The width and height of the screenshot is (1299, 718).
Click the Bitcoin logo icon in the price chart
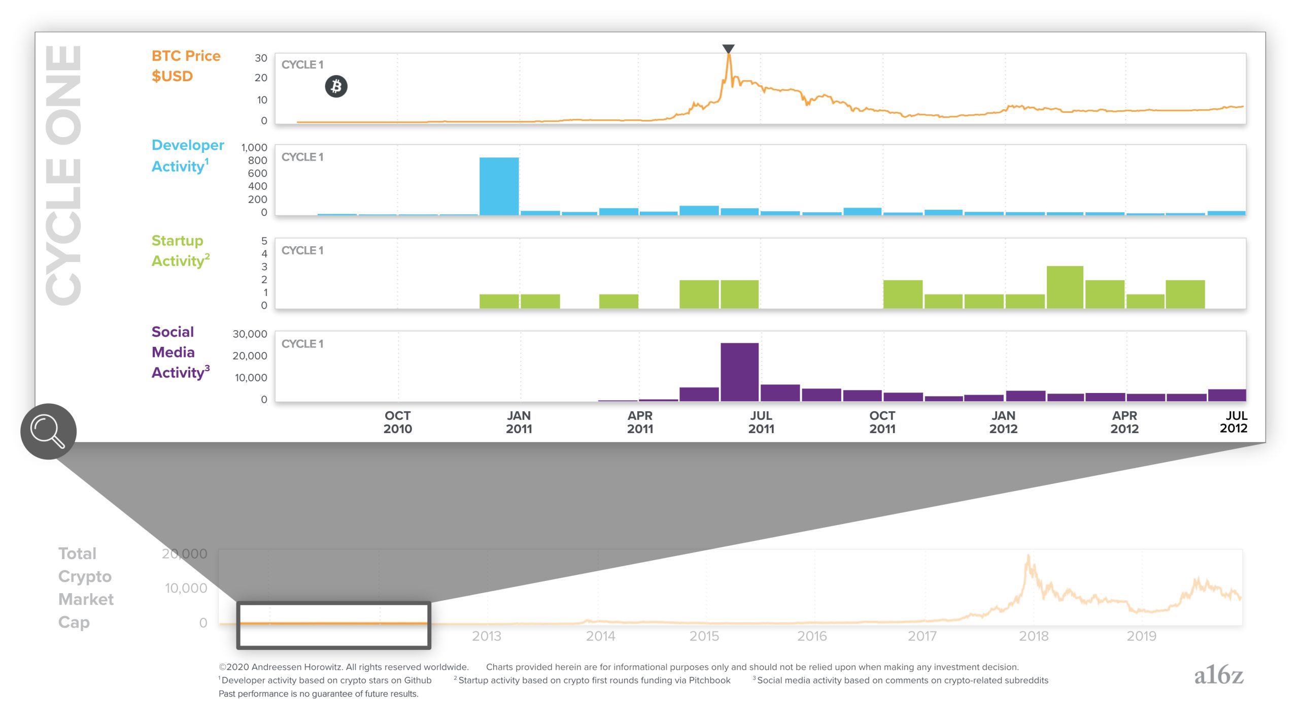336,86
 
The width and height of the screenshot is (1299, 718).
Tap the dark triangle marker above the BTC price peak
728,49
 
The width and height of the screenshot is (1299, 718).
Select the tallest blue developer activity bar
499,186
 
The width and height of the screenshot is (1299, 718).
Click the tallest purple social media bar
739,372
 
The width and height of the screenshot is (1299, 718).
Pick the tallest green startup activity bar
1065,287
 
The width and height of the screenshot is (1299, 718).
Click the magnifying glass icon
48,432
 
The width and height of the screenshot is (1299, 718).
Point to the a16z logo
1218,675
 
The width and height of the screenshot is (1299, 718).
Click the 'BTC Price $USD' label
186,66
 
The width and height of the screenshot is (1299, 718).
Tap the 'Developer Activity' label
187,155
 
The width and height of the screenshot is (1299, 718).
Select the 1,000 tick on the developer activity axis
254,147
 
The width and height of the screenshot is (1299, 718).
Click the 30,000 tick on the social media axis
250,334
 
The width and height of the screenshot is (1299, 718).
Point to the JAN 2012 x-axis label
1003,422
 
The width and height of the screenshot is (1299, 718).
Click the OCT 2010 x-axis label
397,422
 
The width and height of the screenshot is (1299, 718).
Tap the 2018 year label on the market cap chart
1034,636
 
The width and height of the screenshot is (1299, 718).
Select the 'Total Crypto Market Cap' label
85,588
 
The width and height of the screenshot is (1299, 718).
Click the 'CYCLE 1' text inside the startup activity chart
302,250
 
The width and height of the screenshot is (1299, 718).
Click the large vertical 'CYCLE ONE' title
64,175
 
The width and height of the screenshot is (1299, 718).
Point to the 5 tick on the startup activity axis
264,241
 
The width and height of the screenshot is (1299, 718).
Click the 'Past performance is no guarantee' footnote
318,694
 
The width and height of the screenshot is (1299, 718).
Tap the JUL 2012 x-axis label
1233,422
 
